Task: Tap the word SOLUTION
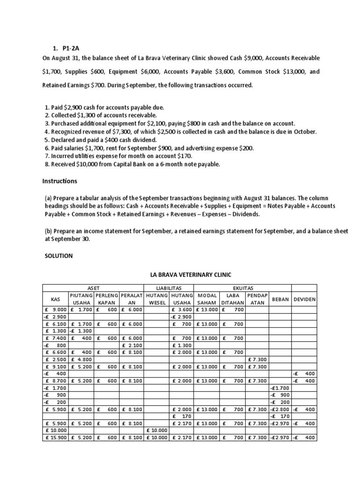click(59, 256)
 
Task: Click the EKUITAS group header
click(242, 287)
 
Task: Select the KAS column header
click(55, 299)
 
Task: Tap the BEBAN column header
click(280, 299)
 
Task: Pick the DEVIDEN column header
click(304, 299)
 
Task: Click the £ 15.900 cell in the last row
click(55, 438)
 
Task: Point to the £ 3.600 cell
click(181, 309)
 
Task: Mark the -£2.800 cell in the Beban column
click(280, 408)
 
